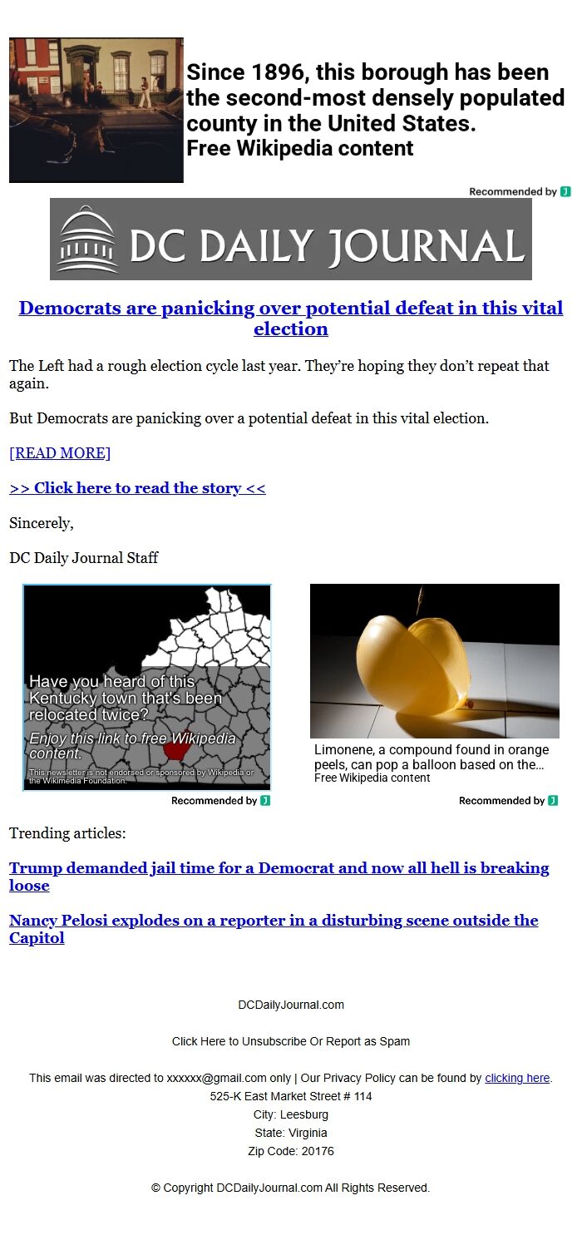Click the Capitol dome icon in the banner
point(88,240)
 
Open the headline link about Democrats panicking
point(291,318)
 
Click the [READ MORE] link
point(60,452)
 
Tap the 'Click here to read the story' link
point(137,488)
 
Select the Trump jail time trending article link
point(279,876)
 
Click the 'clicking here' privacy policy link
point(517,1078)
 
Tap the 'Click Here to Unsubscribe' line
point(291,1041)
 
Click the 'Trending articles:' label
point(67,833)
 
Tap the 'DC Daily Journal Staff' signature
point(83,558)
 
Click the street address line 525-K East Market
point(291,1096)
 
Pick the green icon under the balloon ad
point(553,801)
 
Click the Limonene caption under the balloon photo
point(431,757)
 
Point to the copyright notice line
point(291,1188)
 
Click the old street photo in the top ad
point(96,110)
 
